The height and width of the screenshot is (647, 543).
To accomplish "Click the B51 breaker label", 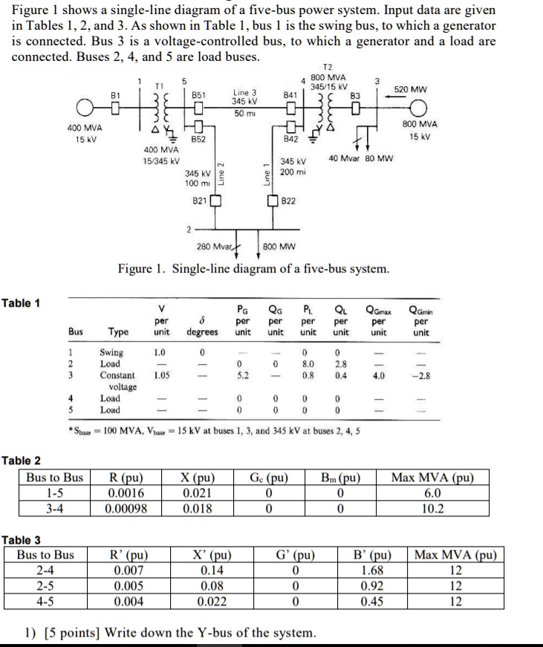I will pyautogui.click(x=198, y=95).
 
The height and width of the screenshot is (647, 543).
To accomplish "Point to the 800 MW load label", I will pyautogui.click(x=279, y=246).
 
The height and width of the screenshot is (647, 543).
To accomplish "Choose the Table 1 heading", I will pyautogui.click(x=22, y=302).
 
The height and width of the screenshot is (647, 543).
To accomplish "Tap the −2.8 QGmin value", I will pyautogui.click(x=420, y=376).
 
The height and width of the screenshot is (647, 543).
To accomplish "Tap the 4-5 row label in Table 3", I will pyautogui.click(x=48, y=602).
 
